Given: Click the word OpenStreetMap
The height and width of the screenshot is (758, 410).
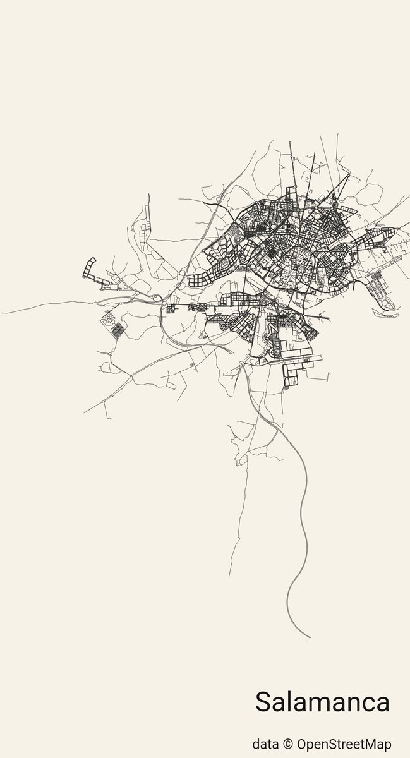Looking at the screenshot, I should (x=343, y=743).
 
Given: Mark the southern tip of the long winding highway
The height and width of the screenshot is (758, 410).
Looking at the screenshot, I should (x=310, y=637).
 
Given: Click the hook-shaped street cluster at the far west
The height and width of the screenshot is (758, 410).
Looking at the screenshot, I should (x=88, y=268).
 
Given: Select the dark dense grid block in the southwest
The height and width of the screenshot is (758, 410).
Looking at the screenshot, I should (x=117, y=328).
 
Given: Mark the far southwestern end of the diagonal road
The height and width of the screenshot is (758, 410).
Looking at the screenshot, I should (x=85, y=412).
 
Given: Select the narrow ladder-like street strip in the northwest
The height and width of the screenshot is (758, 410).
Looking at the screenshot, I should (x=147, y=218).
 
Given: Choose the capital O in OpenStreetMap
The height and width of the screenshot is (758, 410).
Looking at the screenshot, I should (x=302, y=743).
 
